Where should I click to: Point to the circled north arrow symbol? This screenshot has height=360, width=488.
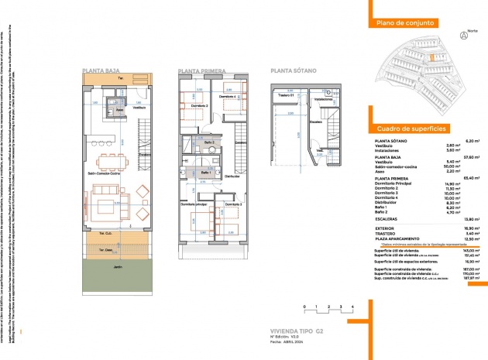(464, 36)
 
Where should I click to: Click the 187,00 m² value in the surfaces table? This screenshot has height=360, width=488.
(472, 269)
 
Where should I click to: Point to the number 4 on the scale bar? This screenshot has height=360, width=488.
(352, 308)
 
